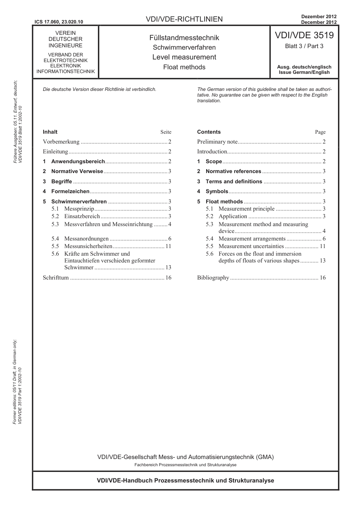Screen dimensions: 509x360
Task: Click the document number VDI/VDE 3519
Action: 304,35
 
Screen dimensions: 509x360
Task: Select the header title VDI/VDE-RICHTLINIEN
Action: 184,19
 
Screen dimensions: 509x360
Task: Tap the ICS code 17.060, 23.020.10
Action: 58,22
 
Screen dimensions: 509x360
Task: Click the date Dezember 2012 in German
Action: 319,17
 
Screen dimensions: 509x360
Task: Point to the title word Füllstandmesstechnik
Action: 184,38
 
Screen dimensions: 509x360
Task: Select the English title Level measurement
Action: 184,57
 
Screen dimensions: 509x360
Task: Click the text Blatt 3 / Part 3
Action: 304,46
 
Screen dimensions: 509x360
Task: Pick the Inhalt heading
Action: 50,132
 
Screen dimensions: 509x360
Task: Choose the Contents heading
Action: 209,132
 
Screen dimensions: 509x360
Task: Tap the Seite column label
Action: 166,132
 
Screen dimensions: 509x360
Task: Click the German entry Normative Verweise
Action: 77,171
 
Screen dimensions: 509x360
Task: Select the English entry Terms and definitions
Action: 234,181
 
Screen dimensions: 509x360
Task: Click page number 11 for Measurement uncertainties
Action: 322,246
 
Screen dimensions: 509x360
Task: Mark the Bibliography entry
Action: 213,278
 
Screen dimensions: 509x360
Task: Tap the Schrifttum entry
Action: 56,278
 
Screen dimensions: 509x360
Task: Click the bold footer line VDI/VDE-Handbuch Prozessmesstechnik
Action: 185,480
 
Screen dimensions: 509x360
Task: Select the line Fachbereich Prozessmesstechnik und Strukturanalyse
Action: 185,465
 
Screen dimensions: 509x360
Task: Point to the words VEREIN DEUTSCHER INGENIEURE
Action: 66,39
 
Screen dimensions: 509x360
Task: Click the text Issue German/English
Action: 304,72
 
